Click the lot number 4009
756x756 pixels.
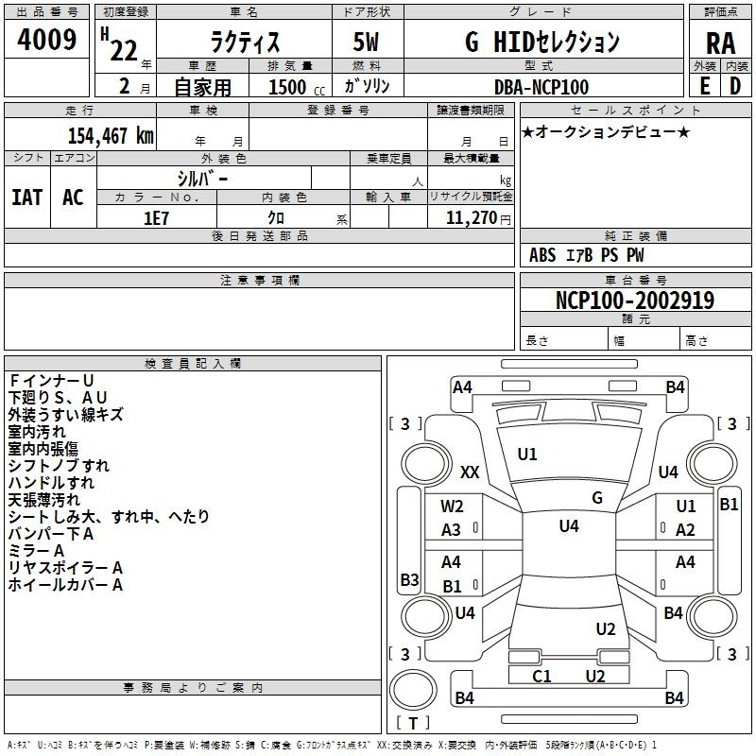coord(46,40)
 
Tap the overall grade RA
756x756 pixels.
coord(720,43)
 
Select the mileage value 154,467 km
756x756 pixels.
coord(111,135)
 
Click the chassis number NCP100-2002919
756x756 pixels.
coord(635,300)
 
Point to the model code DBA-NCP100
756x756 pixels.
coord(541,87)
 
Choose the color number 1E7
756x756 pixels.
coord(156,218)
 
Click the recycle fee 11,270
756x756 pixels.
coord(471,218)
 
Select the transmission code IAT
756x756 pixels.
coord(27,198)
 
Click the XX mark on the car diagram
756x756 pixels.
coord(470,472)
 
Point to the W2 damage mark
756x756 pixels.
coord(452,507)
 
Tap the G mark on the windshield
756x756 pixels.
coord(597,498)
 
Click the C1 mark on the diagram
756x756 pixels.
coord(541,676)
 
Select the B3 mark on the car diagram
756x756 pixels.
coord(409,579)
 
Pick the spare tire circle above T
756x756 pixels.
coord(413,690)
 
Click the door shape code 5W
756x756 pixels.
coord(366,42)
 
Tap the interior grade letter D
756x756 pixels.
coord(735,86)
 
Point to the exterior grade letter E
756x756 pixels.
coord(705,86)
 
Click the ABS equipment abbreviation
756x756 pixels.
coord(542,255)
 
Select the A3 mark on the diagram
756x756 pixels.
coord(451,530)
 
